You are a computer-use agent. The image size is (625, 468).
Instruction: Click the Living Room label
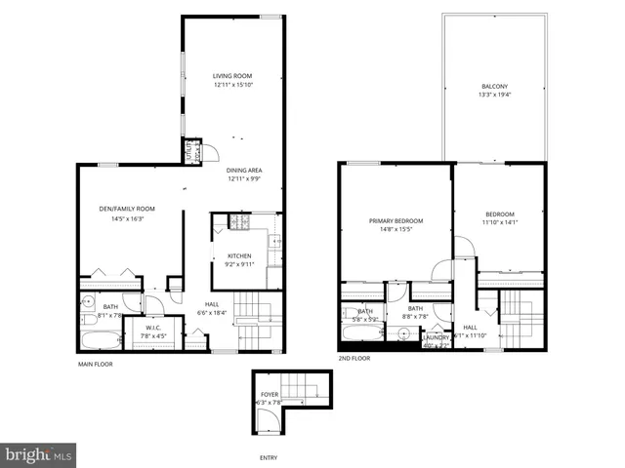coord(233,76)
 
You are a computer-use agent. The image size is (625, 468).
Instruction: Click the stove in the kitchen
coord(238,223)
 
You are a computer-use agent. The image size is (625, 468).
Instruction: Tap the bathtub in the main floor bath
coord(101,340)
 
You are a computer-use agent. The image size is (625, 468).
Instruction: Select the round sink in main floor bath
coord(87,301)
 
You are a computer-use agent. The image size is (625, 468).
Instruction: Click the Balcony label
coord(494,86)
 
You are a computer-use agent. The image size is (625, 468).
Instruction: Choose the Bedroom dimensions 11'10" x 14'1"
coord(498,222)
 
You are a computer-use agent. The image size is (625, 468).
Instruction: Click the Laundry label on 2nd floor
coord(436,337)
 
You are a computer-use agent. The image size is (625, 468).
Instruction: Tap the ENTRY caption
coord(268,457)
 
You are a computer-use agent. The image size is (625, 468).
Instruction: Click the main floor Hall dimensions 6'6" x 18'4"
coord(212,313)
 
